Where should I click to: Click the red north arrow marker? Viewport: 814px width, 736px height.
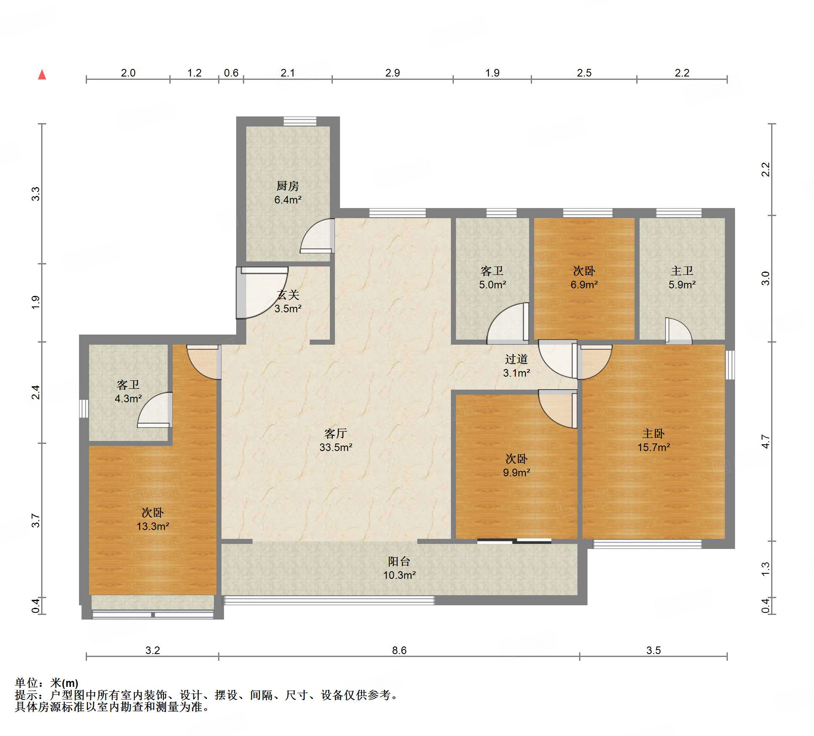[x=42, y=75]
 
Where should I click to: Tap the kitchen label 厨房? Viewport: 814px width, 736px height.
[x=288, y=186]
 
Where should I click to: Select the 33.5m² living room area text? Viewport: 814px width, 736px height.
[x=336, y=447]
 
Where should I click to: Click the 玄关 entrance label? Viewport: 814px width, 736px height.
[x=288, y=295]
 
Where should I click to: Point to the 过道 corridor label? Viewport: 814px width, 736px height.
[x=516, y=359]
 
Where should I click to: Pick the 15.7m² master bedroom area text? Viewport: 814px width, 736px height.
[x=653, y=447]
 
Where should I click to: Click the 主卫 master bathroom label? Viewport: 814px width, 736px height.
[x=682, y=271]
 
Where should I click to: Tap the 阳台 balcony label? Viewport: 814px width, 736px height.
[x=399, y=561]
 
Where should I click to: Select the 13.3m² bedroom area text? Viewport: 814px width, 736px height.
[x=153, y=526]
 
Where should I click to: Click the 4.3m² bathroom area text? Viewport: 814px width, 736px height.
[x=128, y=398]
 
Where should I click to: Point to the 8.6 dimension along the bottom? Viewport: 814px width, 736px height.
[x=399, y=650]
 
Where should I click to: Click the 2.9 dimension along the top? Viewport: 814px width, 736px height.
[x=393, y=73]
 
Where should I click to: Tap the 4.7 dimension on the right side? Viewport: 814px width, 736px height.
[x=766, y=442]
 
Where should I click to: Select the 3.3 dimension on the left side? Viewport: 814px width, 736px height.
[x=36, y=194]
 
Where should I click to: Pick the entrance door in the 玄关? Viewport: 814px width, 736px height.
[x=262, y=293]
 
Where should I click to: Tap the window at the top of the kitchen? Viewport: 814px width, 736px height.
[x=300, y=121]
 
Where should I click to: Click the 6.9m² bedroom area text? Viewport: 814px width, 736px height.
[x=584, y=285]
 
